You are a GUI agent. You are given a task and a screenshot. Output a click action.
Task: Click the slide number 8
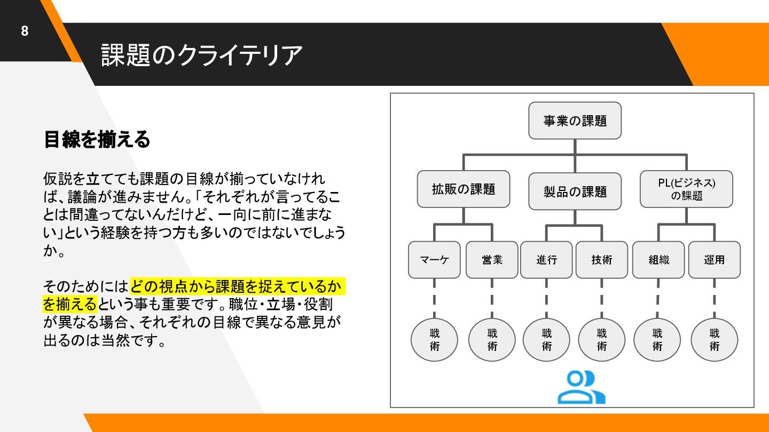point(25,31)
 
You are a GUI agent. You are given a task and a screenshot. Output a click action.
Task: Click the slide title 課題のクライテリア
point(201,55)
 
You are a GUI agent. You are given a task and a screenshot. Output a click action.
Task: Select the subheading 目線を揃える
point(97,139)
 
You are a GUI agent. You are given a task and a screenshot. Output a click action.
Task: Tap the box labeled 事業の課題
point(575,121)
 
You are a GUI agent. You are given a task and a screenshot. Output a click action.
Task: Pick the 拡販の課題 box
point(463,189)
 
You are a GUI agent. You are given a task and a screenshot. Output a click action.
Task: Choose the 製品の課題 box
point(575,191)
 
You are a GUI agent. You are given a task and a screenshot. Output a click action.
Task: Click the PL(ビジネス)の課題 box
point(686,189)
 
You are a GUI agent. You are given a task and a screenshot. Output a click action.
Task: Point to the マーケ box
point(434,260)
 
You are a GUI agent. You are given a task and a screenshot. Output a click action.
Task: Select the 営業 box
point(492,260)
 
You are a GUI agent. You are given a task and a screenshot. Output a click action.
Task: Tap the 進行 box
point(547,260)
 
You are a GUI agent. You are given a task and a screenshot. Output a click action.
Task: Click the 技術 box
point(602,260)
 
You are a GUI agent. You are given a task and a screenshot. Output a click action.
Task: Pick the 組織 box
point(658,260)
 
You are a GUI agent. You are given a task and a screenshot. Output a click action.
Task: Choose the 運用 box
point(714,260)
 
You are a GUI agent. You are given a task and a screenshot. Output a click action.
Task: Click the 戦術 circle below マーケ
point(434,340)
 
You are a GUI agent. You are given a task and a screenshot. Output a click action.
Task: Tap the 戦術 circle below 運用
point(714,340)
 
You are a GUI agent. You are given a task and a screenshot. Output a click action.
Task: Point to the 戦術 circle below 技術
point(602,340)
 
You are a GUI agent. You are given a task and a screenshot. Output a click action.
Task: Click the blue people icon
point(581,387)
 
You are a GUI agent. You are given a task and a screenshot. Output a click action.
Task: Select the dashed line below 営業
point(492,299)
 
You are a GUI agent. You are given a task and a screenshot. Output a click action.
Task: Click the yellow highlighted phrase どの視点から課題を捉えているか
point(236,287)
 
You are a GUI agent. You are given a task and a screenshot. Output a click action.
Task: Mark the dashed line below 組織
point(657,299)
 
